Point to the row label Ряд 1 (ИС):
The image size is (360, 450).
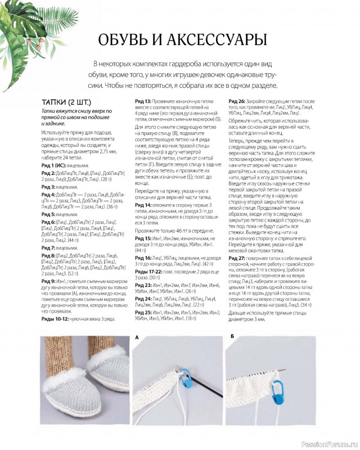[56, 166]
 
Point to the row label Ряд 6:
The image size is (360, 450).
[48, 222]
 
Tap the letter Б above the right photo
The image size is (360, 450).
[232, 337]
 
